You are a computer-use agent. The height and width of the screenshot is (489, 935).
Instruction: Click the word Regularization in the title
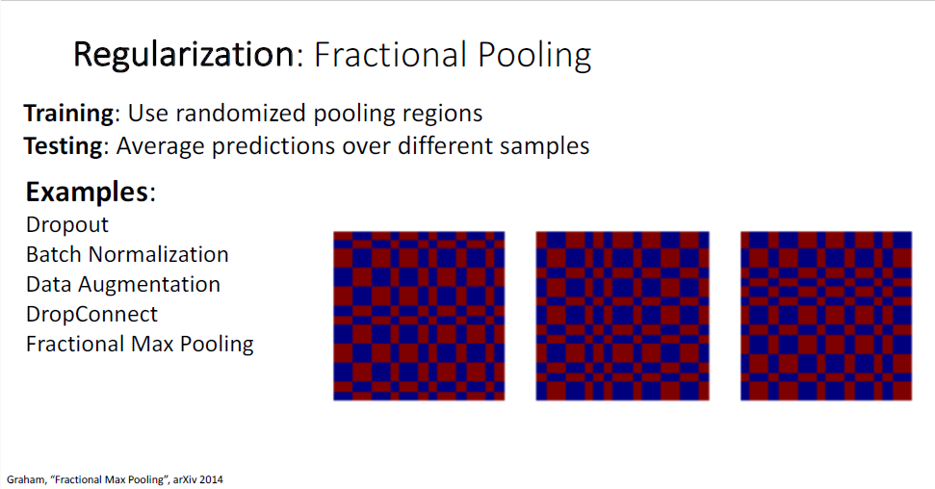[x=184, y=56]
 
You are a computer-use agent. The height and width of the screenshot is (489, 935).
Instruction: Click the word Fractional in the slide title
[x=391, y=54]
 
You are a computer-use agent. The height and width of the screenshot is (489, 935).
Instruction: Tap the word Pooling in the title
[x=534, y=56]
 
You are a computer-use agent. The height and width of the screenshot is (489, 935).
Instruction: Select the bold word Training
[x=68, y=114]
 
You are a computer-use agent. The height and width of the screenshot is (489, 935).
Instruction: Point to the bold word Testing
[x=64, y=146]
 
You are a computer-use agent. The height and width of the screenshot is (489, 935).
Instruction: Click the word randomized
[x=241, y=113]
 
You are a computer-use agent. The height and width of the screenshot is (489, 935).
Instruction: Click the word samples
[x=544, y=146]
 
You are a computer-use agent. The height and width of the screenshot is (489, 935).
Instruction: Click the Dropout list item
[x=67, y=225]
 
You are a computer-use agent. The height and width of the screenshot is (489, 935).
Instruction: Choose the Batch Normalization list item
[x=128, y=255]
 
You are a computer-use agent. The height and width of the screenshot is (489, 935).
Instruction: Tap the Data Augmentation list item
[x=123, y=285]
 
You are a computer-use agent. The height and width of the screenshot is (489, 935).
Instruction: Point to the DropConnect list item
[x=91, y=314]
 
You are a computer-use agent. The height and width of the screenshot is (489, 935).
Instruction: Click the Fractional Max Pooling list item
[x=141, y=344]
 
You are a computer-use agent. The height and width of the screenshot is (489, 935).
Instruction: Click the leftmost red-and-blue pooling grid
[x=419, y=316]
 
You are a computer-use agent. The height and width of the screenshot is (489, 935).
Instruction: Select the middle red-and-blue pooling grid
[x=623, y=316]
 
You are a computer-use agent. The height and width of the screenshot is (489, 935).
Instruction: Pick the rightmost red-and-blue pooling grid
[x=826, y=316]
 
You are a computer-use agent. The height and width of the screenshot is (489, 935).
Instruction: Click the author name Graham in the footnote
[x=26, y=479]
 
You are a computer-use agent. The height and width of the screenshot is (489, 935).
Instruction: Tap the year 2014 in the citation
[x=212, y=479]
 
